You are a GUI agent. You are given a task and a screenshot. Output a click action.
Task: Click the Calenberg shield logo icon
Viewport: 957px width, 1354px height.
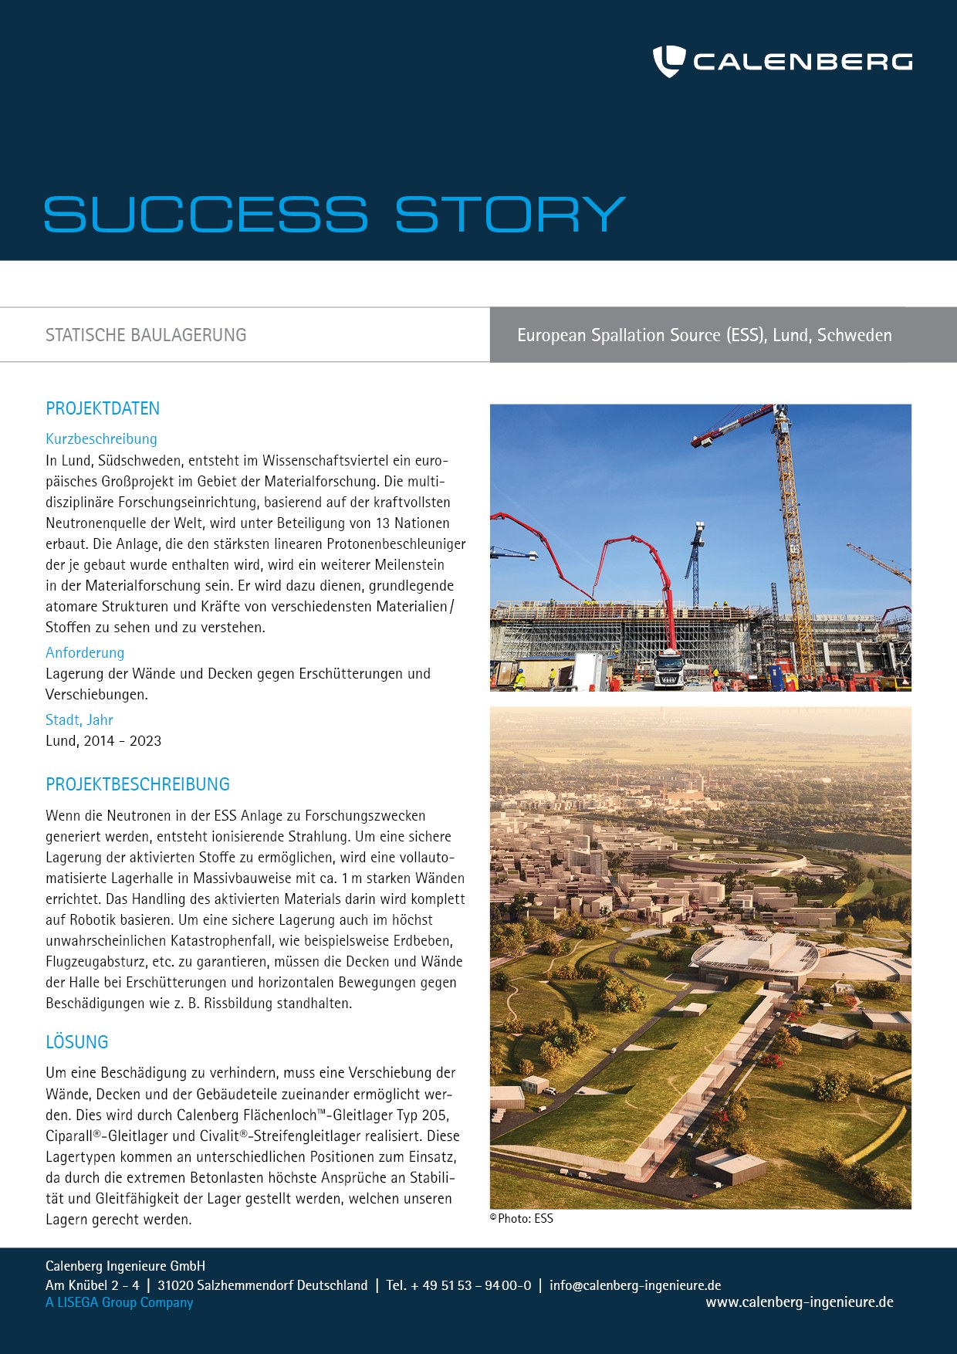tap(668, 61)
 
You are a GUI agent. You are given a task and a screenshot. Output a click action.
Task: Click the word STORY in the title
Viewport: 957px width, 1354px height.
tap(510, 214)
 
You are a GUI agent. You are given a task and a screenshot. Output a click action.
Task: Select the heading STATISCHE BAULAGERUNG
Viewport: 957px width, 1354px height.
tap(146, 335)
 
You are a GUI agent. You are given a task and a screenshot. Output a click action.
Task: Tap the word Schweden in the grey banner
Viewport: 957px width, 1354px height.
tap(854, 335)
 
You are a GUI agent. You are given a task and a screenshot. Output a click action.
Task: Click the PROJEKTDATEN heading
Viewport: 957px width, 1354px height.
tap(103, 408)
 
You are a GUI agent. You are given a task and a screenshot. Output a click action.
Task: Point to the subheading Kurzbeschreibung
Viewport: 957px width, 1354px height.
tap(101, 438)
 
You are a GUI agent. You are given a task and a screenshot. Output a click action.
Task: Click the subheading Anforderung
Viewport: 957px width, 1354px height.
tap(85, 652)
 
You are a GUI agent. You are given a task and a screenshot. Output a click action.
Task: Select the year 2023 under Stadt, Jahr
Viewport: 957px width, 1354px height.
tap(145, 741)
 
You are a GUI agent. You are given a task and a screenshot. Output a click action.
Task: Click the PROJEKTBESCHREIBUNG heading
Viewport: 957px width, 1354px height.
tap(137, 784)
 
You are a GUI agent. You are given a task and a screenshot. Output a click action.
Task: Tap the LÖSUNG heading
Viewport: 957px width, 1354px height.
tap(76, 1042)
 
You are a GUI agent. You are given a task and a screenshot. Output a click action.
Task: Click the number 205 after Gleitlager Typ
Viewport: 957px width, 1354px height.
tap(436, 1115)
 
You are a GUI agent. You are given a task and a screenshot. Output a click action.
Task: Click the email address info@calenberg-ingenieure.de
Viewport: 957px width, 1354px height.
tap(635, 1285)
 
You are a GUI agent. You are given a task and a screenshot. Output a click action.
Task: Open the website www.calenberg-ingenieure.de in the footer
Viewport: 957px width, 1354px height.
tap(799, 1302)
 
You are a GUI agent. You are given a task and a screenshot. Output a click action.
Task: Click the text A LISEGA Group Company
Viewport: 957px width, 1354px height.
tap(119, 1302)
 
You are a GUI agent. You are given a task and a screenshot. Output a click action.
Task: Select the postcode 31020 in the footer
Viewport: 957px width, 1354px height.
tap(175, 1285)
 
